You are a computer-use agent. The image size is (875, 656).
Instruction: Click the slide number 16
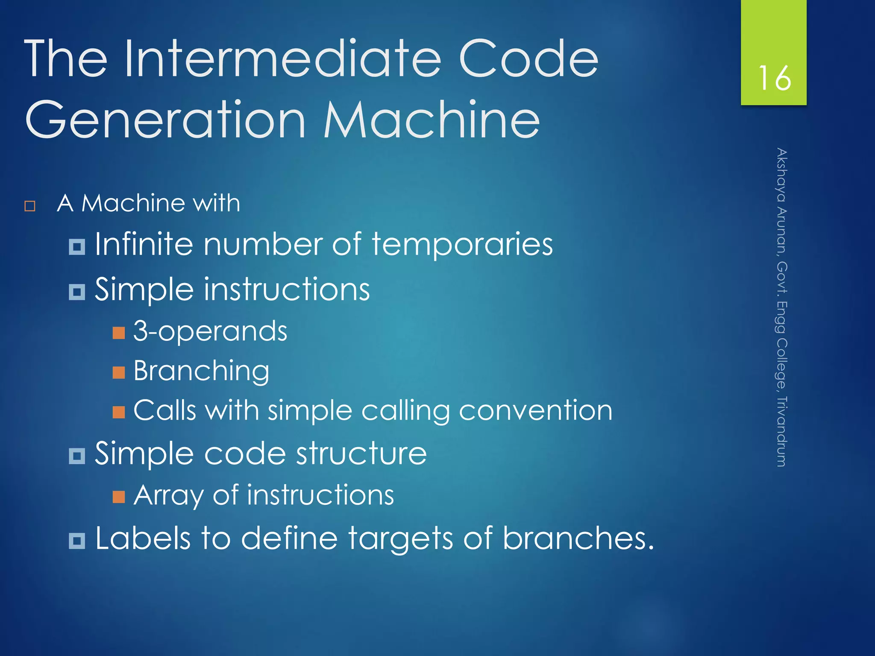tap(774, 78)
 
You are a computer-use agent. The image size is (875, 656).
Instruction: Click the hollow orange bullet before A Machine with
tap(30, 206)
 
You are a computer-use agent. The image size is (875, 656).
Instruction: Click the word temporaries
tap(462, 244)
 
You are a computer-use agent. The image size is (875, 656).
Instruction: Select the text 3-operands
tap(210, 331)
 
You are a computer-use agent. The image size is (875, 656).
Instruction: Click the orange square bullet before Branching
tap(119, 372)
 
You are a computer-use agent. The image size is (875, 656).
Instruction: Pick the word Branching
tap(201, 371)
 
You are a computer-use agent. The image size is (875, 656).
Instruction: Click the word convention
tap(536, 411)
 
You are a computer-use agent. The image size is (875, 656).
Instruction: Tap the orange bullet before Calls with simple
tap(119, 412)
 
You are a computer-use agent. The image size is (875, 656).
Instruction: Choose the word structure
tap(361, 454)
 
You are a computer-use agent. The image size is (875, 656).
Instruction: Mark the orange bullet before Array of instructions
tap(119, 497)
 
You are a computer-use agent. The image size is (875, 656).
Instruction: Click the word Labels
tap(143, 538)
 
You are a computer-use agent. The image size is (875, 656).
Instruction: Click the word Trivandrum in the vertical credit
tap(781, 431)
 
